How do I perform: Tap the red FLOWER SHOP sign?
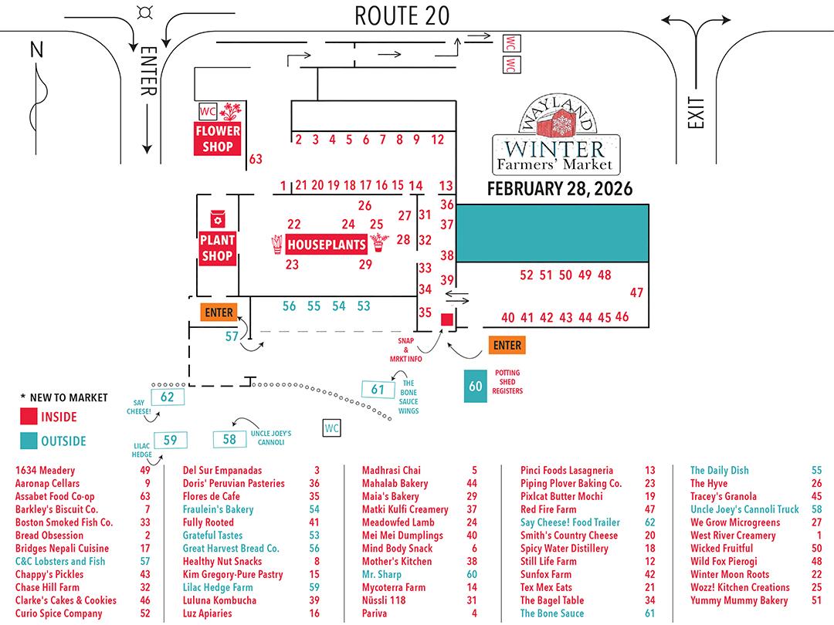pyautogui.click(x=219, y=138)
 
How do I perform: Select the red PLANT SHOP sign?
pyautogui.click(x=217, y=248)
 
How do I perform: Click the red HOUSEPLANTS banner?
pyautogui.click(x=325, y=245)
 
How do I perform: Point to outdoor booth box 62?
pyautogui.click(x=167, y=397)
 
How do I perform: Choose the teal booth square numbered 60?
pyautogui.click(x=476, y=387)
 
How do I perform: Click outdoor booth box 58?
pyautogui.click(x=229, y=440)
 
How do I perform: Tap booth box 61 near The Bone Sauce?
pyautogui.click(x=378, y=390)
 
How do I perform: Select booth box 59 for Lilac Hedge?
pyautogui.click(x=170, y=441)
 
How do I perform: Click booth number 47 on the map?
pyautogui.click(x=636, y=293)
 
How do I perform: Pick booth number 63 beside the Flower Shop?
pyautogui.click(x=256, y=160)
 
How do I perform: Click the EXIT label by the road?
pyautogui.click(x=698, y=114)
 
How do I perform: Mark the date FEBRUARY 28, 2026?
pyautogui.click(x=559, y=189)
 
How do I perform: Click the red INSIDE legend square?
pyautogui.click(x=27, y=417)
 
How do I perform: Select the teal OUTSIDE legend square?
pyautogui.click(x=27, y=441)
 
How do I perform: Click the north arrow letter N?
pyautogui.click(x=36, y=50)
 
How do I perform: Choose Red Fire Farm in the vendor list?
pyautogui.click(x=548, y=509)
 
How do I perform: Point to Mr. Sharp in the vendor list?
pyautogui.click(x=381, y=574)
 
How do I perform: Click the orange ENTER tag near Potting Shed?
pyautogui.click(x=507, y=345)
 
